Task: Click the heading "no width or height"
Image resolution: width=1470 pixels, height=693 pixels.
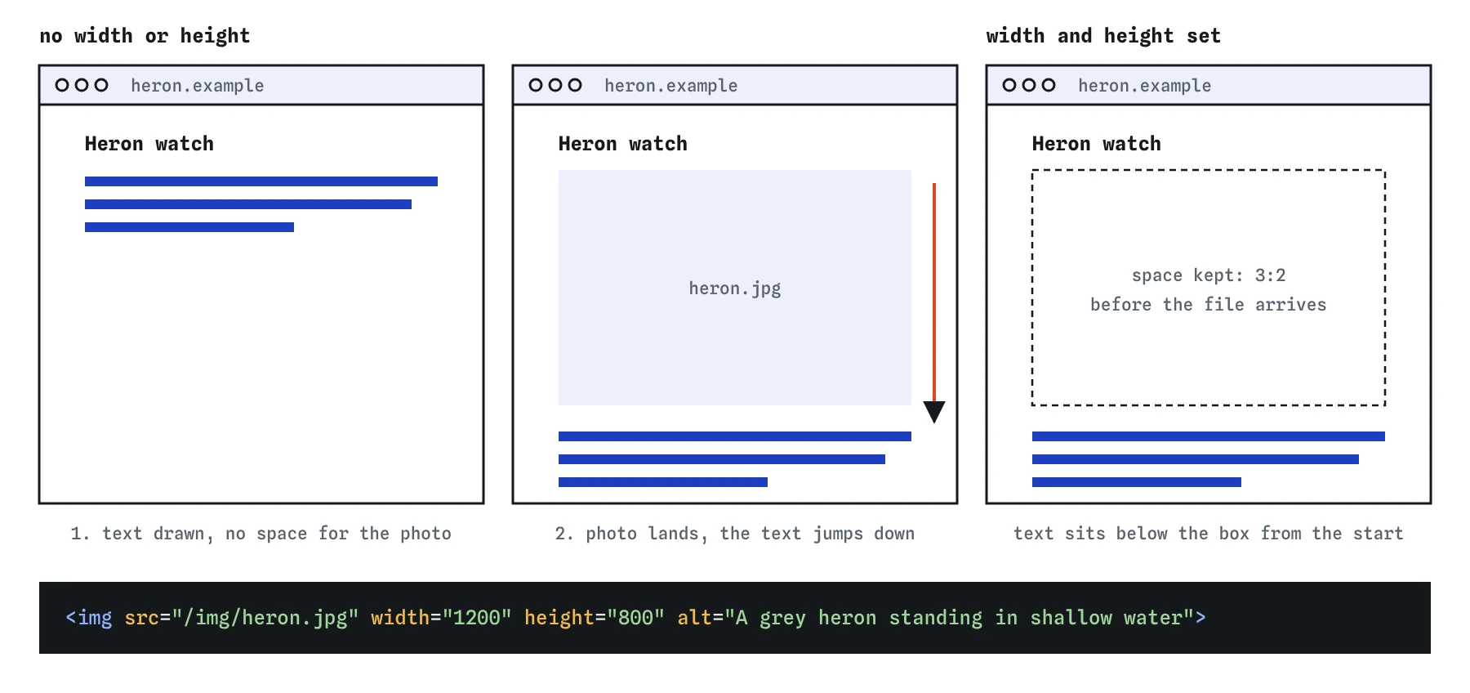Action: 145,36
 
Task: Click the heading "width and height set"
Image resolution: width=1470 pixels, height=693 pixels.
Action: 1103,36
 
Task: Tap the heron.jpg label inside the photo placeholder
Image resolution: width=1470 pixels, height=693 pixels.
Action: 735,288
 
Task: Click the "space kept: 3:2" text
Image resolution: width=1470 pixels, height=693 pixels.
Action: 1209,275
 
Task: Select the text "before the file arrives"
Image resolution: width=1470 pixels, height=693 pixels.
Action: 1209,305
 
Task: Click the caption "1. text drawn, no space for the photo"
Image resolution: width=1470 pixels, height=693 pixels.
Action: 261,534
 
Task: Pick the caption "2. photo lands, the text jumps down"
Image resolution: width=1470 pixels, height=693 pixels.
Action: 735,534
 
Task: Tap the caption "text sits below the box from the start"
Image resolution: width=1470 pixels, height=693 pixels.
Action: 1209,534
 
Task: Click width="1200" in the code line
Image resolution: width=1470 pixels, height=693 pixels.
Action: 441,618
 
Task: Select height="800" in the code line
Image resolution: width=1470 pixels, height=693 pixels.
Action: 595,618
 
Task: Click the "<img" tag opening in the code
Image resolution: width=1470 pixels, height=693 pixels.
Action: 89,618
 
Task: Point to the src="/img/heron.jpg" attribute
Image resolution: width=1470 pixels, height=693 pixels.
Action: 242,618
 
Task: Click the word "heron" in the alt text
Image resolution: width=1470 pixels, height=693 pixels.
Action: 848,618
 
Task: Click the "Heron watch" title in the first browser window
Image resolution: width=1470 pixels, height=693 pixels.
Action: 149,144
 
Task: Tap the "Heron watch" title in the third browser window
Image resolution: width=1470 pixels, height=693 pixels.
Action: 1097,144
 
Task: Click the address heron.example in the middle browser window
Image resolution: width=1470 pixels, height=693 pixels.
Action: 671,86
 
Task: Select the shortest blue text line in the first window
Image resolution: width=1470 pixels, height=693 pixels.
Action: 189,227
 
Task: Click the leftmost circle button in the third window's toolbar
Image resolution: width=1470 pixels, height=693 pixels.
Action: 1009,85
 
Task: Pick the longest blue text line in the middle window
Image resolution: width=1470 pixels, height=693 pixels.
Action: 735,436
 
